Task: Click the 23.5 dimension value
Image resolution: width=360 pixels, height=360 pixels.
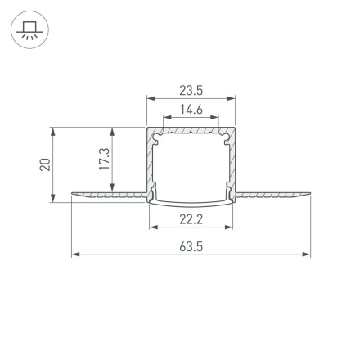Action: [x=191, y=91]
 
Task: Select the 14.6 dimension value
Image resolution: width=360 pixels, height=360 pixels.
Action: [x=191, y=109]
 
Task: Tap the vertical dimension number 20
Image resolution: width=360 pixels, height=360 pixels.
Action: [x=46, y=164]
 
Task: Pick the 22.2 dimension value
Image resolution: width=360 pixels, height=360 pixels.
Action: [x=191, y=218]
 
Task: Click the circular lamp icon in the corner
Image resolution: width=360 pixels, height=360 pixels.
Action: [x=29, y=30]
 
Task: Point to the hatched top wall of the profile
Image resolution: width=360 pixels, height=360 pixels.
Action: [x=191, y=129]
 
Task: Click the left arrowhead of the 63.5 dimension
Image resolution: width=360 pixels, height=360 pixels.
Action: [x=75, y=254]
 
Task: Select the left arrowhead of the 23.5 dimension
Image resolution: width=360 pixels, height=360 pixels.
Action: [x=150, y=99]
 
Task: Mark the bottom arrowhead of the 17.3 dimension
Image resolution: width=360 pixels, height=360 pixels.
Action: [x=111, y=187]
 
